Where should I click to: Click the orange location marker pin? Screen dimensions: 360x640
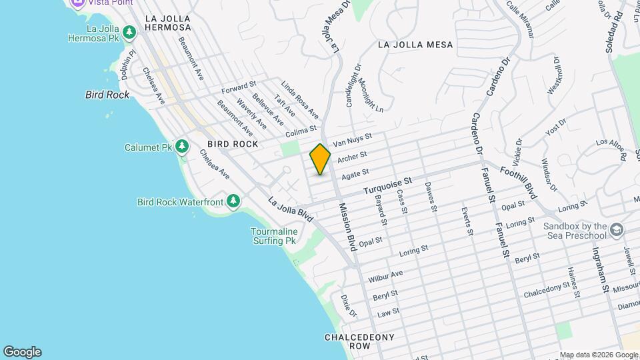(x=320, y=159)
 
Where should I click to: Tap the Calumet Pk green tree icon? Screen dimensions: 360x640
(x=181, y=147)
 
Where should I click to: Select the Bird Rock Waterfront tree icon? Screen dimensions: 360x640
(x=233, y=201)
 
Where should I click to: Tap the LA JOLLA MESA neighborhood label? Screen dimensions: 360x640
(x=415, y=45)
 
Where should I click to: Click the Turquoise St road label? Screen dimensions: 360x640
(x=388, y=186)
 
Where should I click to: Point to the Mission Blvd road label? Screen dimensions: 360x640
(x=349, y=226)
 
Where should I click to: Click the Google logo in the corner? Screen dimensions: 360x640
(x=22, y=352)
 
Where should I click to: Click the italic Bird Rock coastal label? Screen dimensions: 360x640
(x=107, y=95)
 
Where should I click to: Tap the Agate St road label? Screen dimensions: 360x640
(x=355, y=175)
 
